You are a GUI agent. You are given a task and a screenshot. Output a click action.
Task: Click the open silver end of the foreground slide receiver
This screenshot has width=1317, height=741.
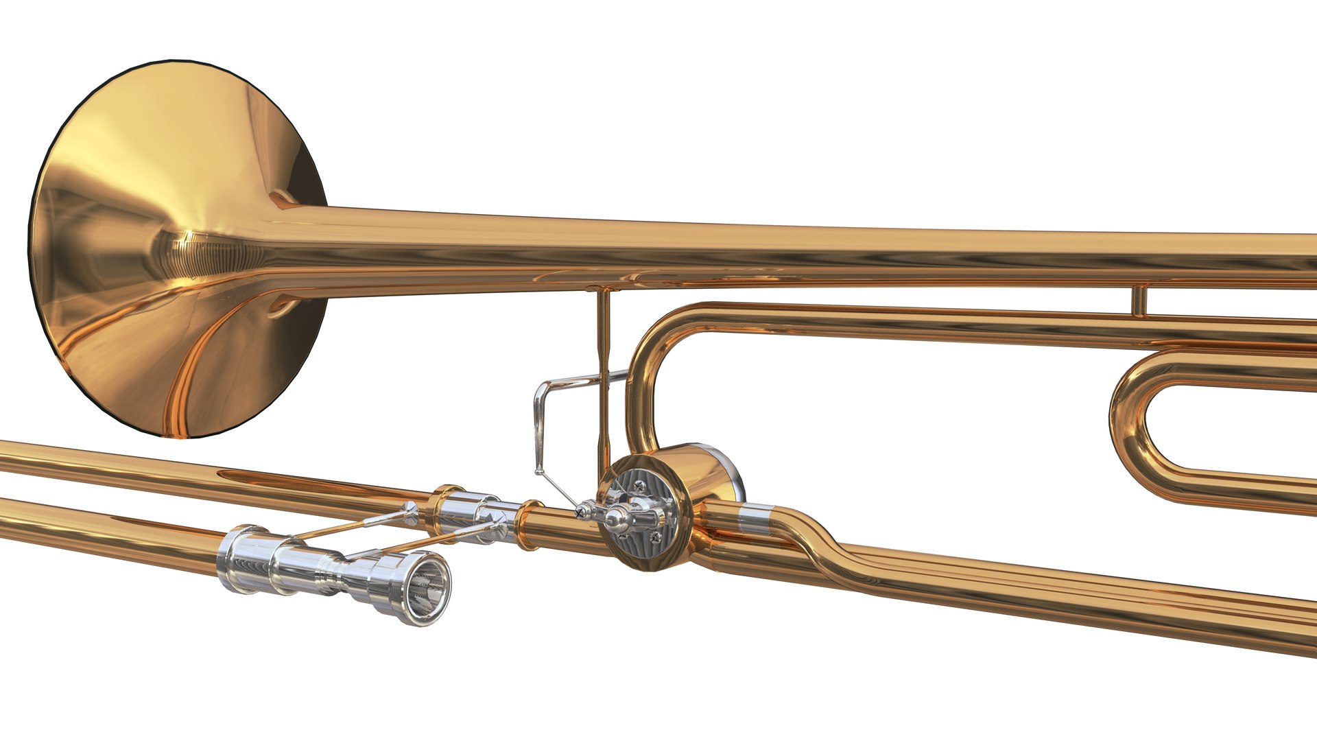pos(427,588)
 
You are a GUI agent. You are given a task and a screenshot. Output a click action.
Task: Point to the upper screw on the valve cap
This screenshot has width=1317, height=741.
pos(641,485)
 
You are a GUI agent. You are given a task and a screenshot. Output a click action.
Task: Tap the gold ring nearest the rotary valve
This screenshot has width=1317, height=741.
pos(530,525)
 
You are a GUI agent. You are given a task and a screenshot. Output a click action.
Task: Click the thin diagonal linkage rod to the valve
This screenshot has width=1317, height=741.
pos(559,491)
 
